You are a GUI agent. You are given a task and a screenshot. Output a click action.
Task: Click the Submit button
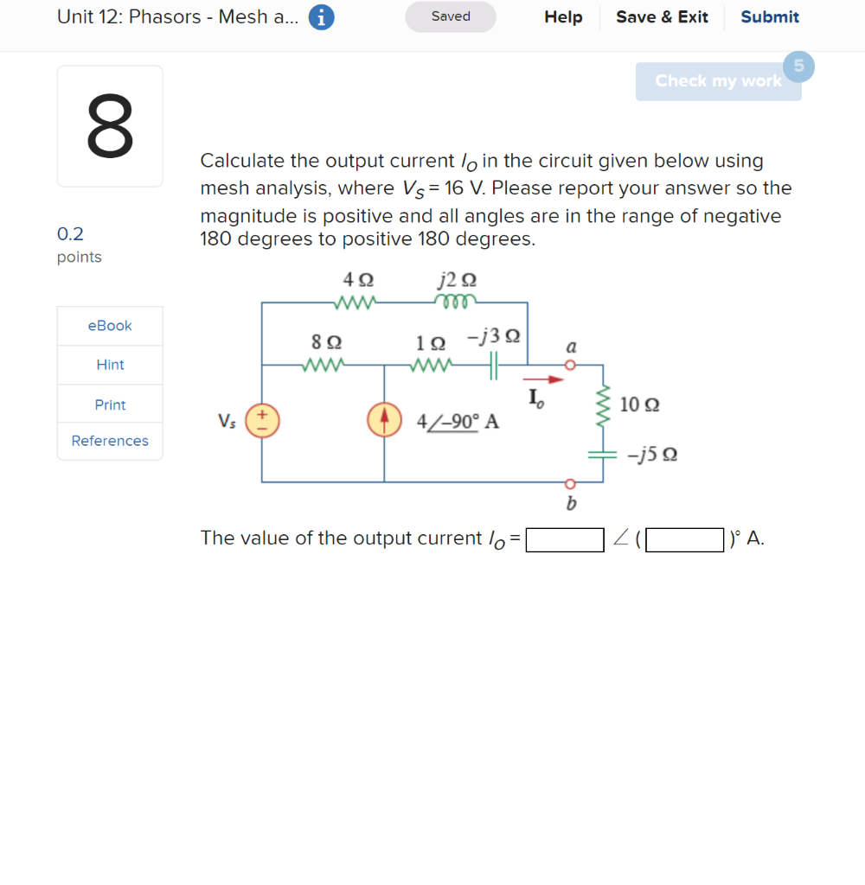(769, 17)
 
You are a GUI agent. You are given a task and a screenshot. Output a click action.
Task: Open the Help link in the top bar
(563, 17)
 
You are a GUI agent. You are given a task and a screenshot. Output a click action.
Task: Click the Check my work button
(718, 81)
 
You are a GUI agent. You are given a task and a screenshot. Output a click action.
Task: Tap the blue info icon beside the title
(321, 17)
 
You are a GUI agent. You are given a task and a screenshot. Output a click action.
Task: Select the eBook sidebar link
(110, 326)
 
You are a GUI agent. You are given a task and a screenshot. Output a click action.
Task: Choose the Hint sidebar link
(110, 365)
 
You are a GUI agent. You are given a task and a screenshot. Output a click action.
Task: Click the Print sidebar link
(110, 404)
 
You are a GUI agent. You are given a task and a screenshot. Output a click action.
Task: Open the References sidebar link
(110, 441)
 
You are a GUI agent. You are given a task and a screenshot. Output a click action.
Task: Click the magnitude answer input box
(565, 539)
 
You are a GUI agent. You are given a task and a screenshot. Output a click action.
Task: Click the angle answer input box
(684, 539)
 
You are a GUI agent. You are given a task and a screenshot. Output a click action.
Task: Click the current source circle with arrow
(384, 420)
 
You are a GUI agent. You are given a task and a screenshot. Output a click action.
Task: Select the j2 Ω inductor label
(457, 279)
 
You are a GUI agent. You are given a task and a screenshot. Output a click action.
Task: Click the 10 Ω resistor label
(640, 404)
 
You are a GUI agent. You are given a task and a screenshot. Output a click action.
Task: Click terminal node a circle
(569, 365)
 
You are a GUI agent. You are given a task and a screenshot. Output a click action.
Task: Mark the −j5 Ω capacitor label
(652, 455)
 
